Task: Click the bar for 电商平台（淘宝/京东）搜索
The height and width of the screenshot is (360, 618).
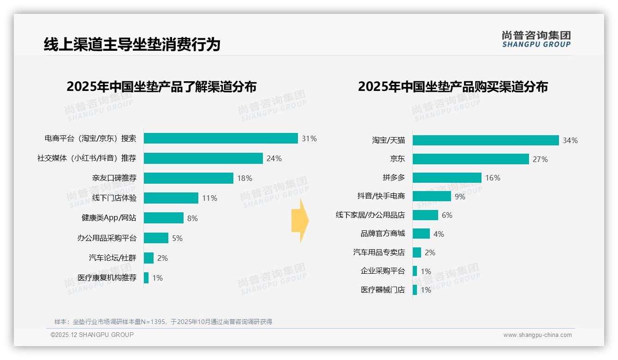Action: pos(220,138)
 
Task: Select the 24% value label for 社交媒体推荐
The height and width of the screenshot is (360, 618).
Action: pos(274,158)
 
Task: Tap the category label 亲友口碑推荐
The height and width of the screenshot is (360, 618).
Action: pos(114,178)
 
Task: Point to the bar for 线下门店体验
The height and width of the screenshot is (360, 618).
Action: pos(171,198)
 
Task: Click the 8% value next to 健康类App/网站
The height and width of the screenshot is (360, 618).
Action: pos(192,218)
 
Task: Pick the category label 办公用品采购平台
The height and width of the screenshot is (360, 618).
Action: pos(107,238)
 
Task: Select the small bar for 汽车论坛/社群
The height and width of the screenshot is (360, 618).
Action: pos(149,258)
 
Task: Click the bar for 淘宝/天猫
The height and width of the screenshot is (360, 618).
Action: pos(486,140)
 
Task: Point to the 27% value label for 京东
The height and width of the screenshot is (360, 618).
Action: pos(540,159)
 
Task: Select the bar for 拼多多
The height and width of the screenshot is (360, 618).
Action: pos(447,178)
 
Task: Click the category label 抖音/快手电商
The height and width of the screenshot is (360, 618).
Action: pos(381,196)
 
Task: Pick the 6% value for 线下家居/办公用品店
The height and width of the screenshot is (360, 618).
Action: pos(447,215)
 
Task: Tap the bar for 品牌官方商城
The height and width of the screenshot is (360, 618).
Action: pos(421,234)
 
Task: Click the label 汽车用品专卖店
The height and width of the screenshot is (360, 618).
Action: pos(379,252)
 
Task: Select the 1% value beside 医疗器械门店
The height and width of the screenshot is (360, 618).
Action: pos(426,290)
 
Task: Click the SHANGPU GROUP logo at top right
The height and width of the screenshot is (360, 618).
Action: pos(536,39)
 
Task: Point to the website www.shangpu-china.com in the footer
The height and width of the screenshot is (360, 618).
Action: pos(537,335)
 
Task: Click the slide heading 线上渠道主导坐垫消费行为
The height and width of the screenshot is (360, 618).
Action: pos(132,44)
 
